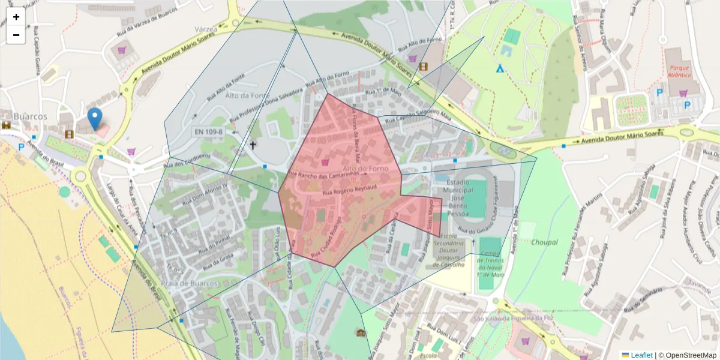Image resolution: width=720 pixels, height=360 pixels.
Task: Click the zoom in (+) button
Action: pyautogui.click(x=16, y=17)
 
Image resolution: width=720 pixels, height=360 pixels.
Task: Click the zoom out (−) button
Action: pyautogui.click(x=16, y=35)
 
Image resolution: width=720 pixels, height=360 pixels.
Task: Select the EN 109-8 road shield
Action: pyautogui.click(x=208, y=131)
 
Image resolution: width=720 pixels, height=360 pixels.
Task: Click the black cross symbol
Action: pyautogui.click(x=253, y=145)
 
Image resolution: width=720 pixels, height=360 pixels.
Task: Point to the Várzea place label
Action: pyautogui.click(x=205, y=29)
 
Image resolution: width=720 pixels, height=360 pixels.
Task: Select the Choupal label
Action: pyautogui.click(x=544, y=242)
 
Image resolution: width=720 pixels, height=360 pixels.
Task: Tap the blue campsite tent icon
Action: pyautogui.click(x=499, y=68)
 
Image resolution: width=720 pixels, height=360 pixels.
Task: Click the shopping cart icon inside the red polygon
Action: pyautogui.click(x=325, y=162)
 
